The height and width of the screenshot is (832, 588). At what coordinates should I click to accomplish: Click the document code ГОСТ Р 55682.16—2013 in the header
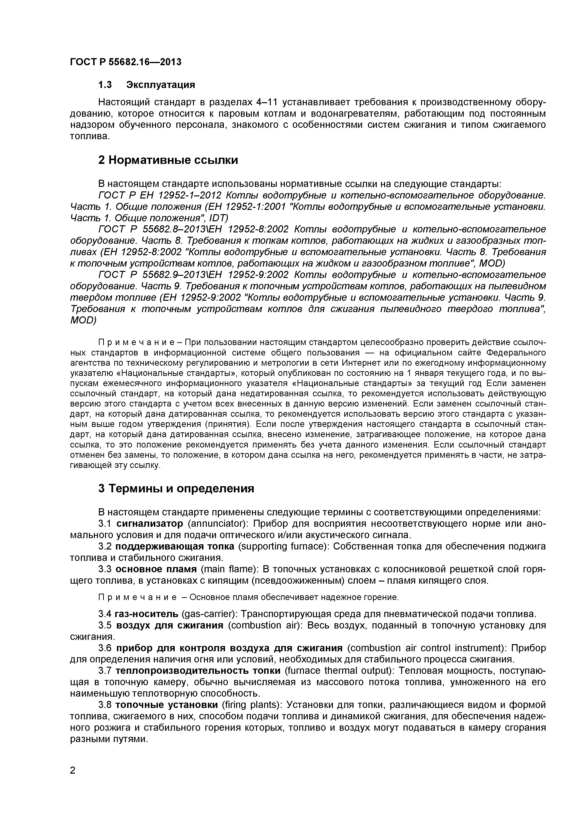point(125,62)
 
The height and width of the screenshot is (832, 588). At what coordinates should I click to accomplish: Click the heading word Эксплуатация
point(161,85)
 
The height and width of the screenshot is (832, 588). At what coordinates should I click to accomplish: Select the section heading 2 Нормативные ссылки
point(168,160)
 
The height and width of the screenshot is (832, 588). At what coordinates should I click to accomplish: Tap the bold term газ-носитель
point(146,614)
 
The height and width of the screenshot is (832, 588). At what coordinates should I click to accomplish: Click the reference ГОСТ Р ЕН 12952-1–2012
point(160,195)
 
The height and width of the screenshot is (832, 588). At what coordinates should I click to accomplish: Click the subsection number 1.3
point(105,85)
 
